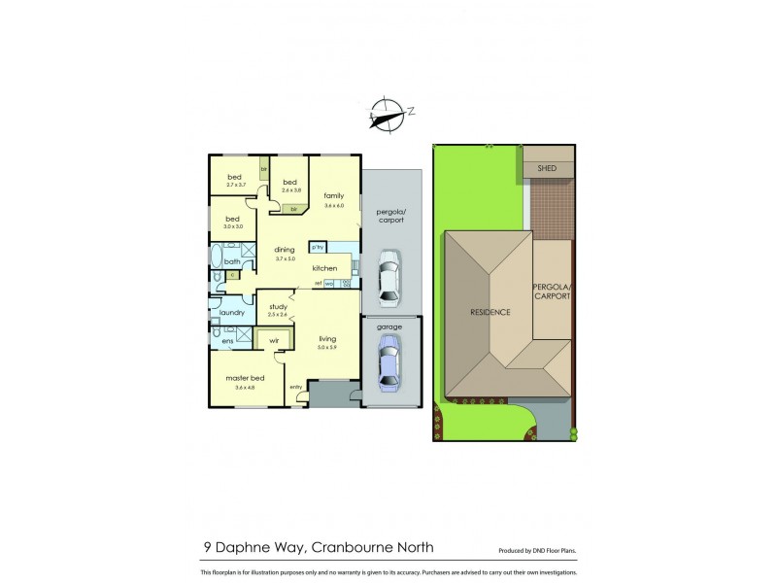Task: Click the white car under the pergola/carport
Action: coord(388,276)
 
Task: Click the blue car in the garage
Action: coord(388,366)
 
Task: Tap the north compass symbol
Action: coord(387,113)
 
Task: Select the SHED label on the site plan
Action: coord(546,168)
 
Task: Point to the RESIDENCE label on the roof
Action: coord(490,312)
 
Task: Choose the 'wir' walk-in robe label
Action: coord(274,341)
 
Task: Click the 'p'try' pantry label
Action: coord(317,247)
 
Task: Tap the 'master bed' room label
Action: coord(245,378)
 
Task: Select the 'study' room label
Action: coord(278,306)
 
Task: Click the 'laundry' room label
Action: coord(231,312)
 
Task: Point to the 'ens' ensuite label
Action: coord(227,341)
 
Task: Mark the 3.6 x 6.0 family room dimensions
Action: coord(334,205)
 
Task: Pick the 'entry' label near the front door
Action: coord(296,389)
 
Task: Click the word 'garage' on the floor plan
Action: coord(388,327)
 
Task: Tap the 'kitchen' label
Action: coord(324,267)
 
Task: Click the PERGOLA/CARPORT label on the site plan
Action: coord(551,291)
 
